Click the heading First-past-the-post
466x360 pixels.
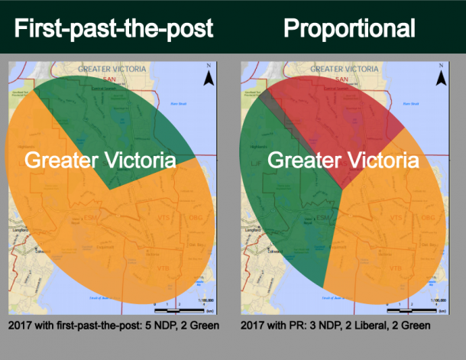pos(112,29)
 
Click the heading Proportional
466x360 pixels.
pos(349,29)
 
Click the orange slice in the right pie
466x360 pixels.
pos(382,229)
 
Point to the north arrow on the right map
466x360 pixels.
pos(441,76)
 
